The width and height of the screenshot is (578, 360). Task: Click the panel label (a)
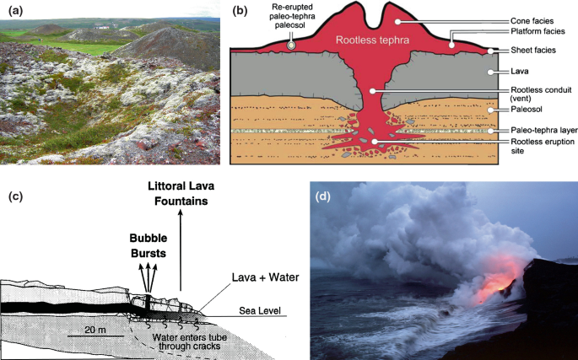pos(15,12)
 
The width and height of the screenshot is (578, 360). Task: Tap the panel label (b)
pos(240,12)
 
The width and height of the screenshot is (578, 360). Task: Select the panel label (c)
pos(15,196)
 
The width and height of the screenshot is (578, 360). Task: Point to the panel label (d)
pos(323,196)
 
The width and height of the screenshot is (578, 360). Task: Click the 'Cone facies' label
pos(532,21)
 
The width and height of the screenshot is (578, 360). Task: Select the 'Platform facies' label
pos(537,31)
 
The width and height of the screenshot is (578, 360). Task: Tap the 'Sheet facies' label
pos(533,50)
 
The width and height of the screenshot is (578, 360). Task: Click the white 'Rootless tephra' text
pos(372,40)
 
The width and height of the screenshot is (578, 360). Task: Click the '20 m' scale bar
pos(95,336)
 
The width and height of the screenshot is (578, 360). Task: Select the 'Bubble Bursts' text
pos(149,246)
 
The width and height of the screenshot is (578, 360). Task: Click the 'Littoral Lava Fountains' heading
pos(181,193)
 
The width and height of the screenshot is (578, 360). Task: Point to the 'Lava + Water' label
pos(266,277)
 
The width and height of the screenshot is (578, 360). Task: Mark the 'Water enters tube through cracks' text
pos(190,341)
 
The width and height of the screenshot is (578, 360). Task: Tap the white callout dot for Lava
pos(490,73)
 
